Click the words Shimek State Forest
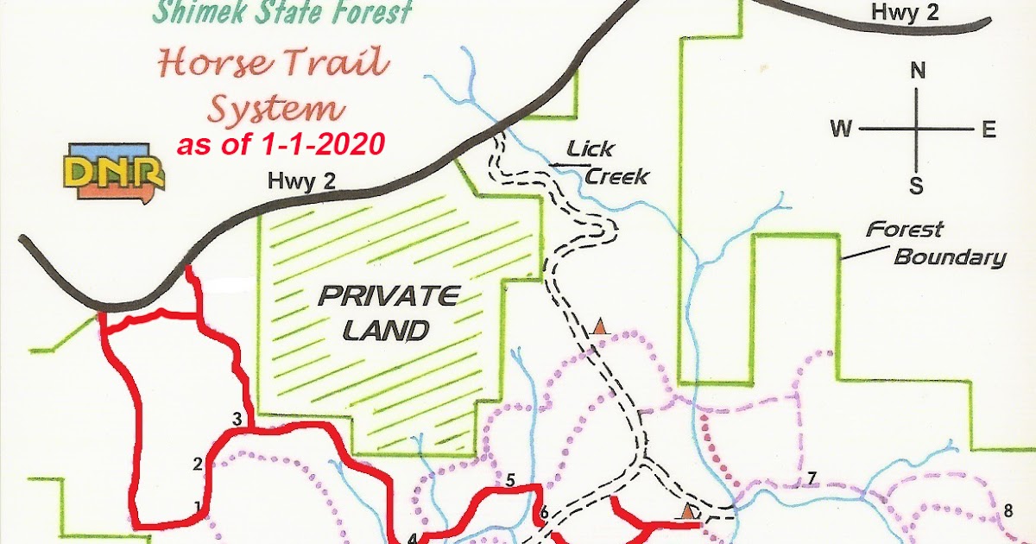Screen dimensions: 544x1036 point(281,13)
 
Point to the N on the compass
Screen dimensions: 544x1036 point(918,72)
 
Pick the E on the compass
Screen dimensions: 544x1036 point(989,130)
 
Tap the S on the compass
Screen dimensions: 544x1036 point(917,185)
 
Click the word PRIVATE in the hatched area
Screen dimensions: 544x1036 point(388,297)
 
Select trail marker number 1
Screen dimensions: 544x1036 point(198,506)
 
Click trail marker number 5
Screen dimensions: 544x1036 point(510,480)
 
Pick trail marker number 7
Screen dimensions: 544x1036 point(811,479)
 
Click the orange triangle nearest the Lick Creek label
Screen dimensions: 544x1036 point(601,327)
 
